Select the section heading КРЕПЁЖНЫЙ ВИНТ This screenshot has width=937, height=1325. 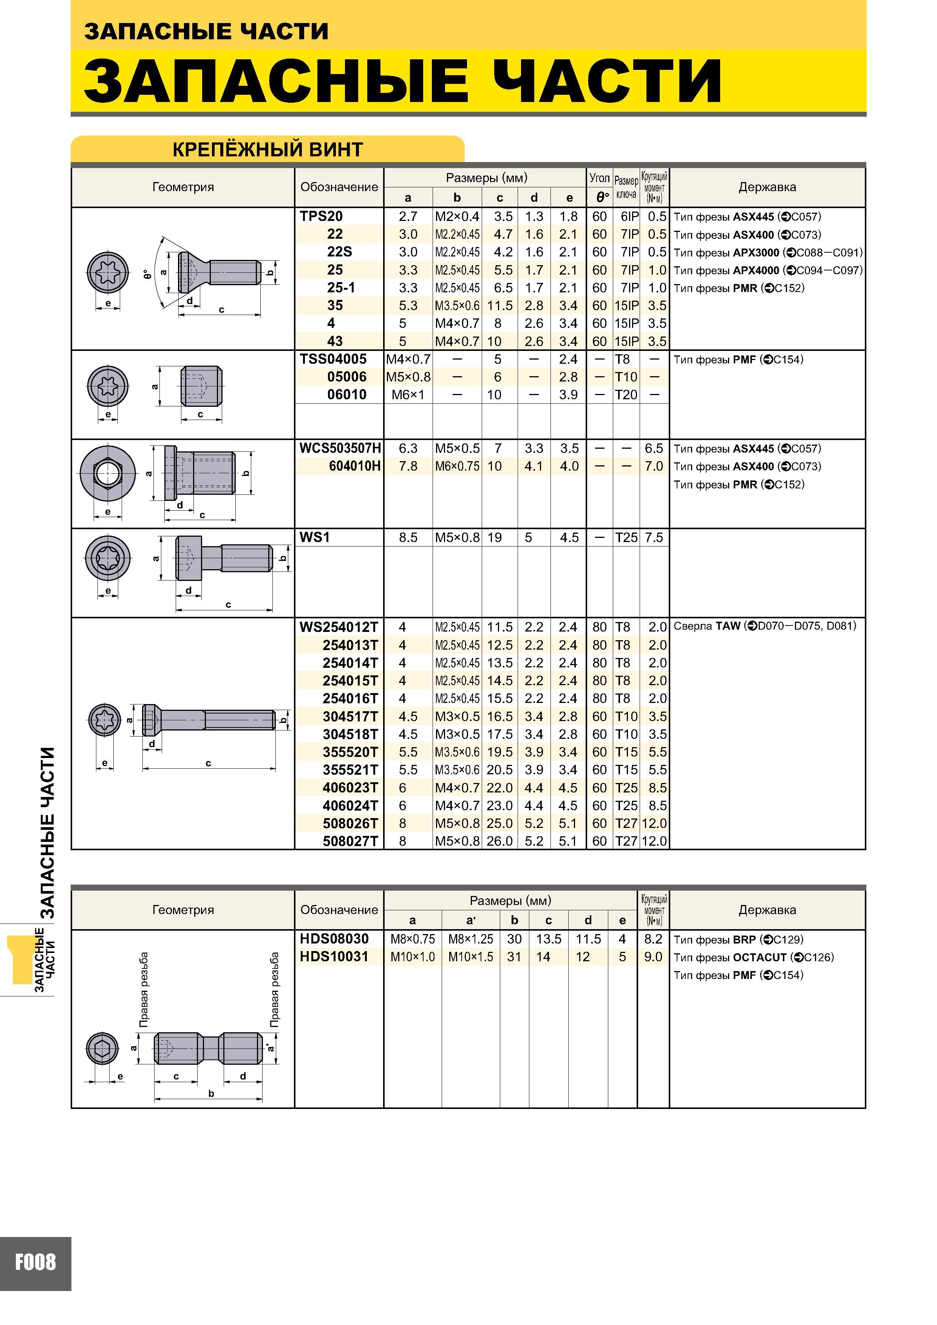267,150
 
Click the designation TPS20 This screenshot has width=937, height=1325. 321,216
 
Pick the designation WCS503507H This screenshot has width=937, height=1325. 340,448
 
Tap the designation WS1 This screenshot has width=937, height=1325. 315,537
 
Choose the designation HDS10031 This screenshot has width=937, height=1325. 334,957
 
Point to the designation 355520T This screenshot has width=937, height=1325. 350,752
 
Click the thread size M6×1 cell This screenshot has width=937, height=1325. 408,395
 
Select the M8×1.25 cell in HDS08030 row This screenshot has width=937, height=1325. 470,939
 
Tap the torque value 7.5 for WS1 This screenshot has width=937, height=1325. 654,537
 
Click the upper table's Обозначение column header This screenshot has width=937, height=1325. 339,187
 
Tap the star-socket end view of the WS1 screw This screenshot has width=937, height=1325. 108,558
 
